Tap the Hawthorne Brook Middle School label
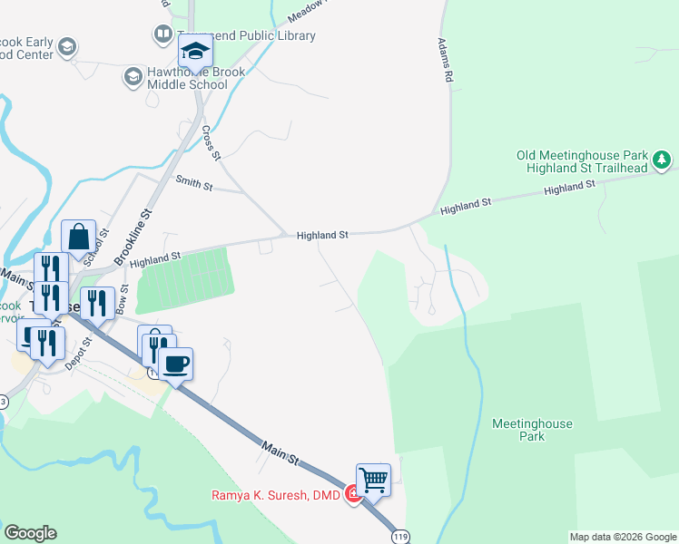[x=186, y=79]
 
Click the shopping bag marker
[x=79, y=238]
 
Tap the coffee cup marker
[x=175, y=364]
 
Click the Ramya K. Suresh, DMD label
[x=276, y=495]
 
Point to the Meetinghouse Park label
[x=532, y=430]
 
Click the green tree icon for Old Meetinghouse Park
[x=664, y=161]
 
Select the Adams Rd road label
[x=445, y=61]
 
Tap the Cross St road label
[x=212, y=142]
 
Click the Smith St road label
[x=193, y=186]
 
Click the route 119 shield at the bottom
[x=399, y=537]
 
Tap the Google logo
[x=30, y=533]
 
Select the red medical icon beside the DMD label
[x=351, y=495]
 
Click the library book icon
[x=163, y=35]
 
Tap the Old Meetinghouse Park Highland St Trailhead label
[x=582, y=161]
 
